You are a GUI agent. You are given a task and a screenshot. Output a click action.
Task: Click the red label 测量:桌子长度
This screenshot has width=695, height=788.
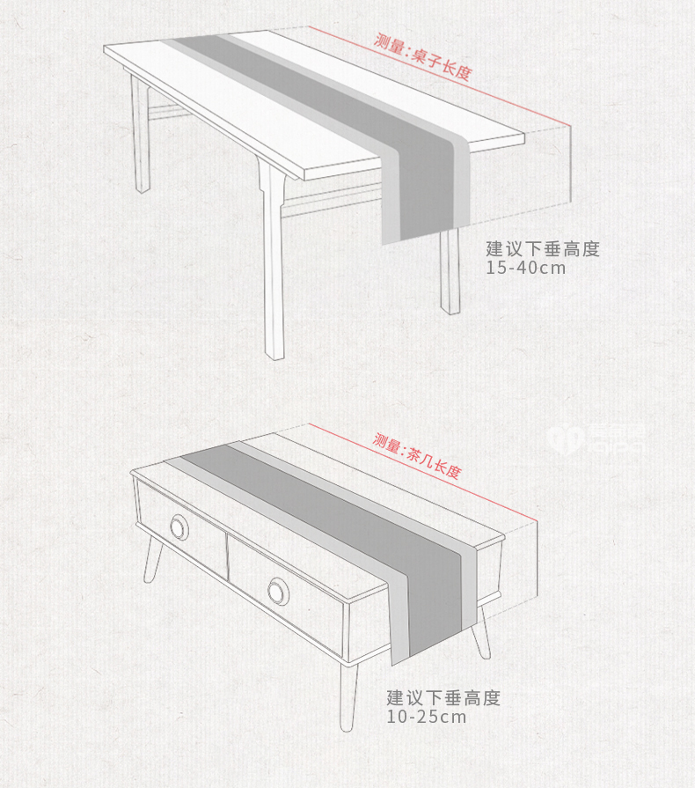click(422, 55)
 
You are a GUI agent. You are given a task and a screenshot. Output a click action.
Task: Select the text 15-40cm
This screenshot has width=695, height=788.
click(526, 268)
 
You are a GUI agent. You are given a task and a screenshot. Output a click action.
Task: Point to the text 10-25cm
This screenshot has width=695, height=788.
click(427, 717)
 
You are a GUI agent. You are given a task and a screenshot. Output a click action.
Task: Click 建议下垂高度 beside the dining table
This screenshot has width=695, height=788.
click(543, 249)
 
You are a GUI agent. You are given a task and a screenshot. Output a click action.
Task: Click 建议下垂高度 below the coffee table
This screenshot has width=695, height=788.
click(443, 698)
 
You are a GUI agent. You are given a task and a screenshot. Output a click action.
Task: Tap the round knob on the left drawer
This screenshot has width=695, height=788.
click(179, 527)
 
